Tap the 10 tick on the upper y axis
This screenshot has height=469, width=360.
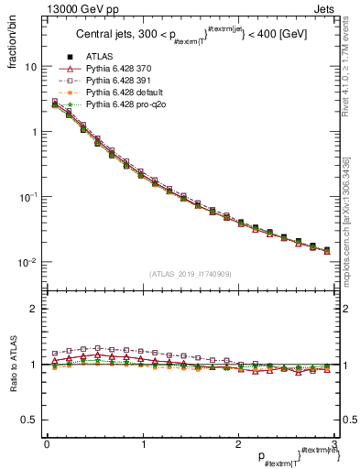pyautogui.click(x=30, y=67)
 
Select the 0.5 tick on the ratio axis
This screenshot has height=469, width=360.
pyautogui.click(x=29, y=420)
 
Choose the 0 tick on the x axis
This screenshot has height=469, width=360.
pyautogui.click(x=46, y=444)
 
